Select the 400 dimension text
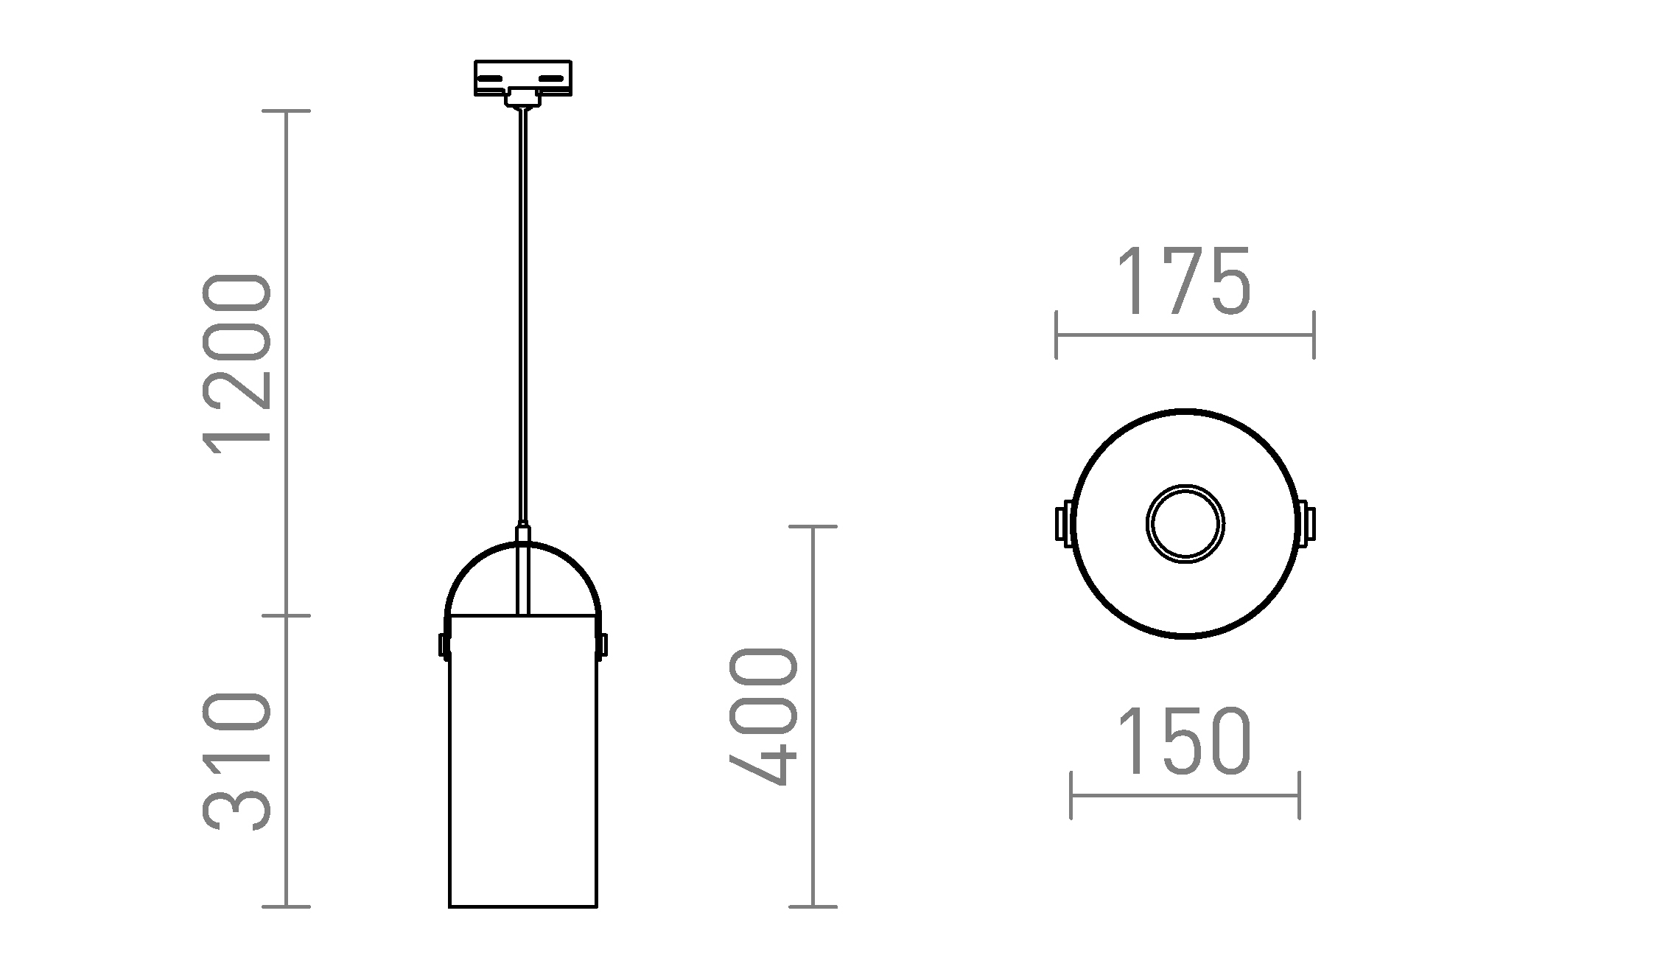coord(763,717)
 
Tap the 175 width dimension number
coord(1185,282)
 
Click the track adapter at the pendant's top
coord(523,83)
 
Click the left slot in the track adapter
coord(490,77)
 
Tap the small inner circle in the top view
coord(1185,524)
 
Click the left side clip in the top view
coord(1064,523)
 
